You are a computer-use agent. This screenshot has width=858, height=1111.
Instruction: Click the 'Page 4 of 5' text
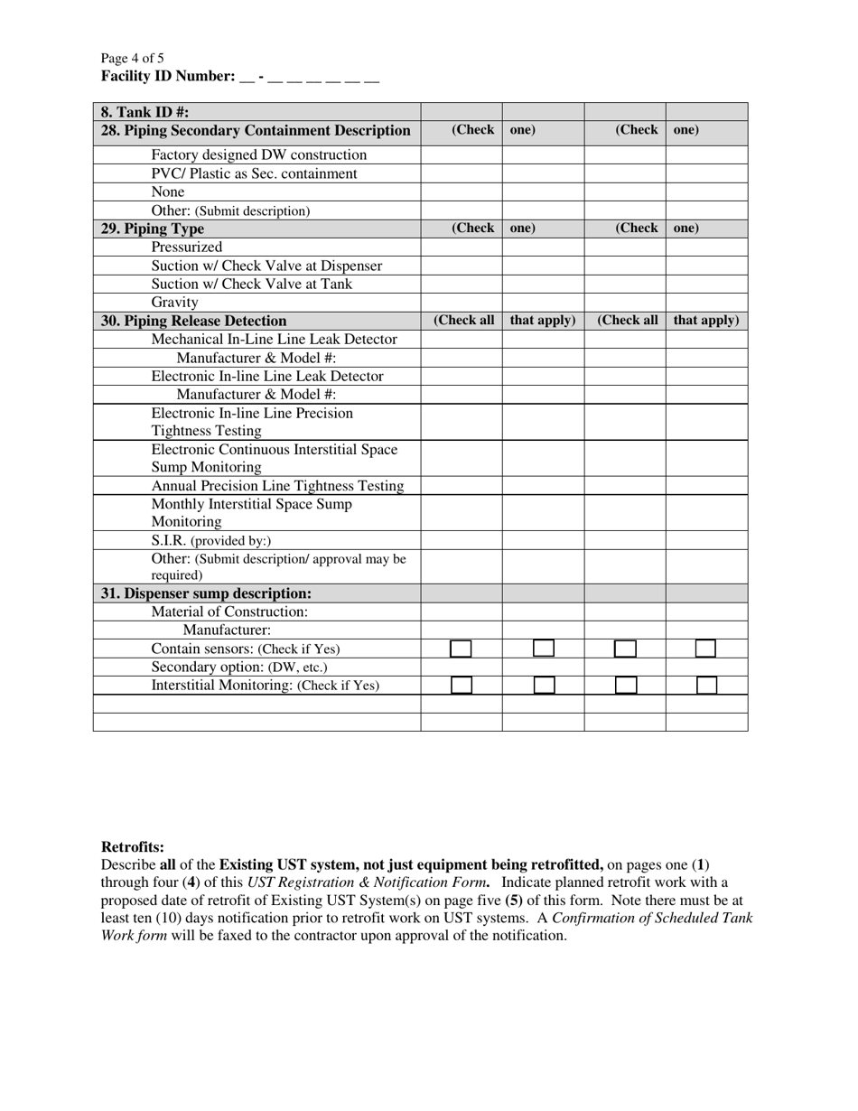(x=133, y=59)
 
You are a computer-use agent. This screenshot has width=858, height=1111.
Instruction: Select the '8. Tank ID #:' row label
(x=145, y=112)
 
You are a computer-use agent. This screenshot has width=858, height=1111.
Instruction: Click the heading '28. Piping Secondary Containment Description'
(x=256, y=131)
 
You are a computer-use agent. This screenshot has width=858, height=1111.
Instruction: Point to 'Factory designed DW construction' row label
(x=259, y=155)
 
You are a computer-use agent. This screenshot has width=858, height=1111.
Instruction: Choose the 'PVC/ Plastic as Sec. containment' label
(x=255, y=173)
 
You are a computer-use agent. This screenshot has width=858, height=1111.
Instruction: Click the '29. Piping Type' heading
(x=153, y=229)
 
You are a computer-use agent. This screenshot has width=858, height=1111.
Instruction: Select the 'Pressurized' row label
(x=187, y=247)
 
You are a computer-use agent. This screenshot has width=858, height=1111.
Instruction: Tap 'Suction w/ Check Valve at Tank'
(x=252, y=285)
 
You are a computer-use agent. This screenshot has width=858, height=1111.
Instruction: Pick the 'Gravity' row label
(x=175, y=303)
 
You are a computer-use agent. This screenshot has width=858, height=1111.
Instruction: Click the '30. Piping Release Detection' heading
(x=194, y=322)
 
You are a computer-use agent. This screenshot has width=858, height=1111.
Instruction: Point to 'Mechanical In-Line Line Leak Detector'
(x=275, y=340)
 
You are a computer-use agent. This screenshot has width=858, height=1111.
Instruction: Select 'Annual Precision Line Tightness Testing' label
(x=277, y=486)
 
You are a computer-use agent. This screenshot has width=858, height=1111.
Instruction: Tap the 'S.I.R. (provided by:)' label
(x=211, y=541)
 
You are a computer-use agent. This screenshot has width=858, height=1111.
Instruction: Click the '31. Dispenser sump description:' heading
(x=207, y=594)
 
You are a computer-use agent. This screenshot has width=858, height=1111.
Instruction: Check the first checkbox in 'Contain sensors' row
(x=461, y=649)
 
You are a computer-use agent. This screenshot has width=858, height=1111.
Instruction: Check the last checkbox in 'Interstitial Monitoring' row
(x=706, y=686)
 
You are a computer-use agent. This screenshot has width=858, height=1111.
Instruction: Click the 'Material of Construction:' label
(x=230, y=612)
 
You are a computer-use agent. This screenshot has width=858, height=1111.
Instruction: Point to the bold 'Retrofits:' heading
(x=133, y=847)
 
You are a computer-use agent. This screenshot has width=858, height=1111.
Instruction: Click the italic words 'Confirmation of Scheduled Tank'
(x=653, y=918)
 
